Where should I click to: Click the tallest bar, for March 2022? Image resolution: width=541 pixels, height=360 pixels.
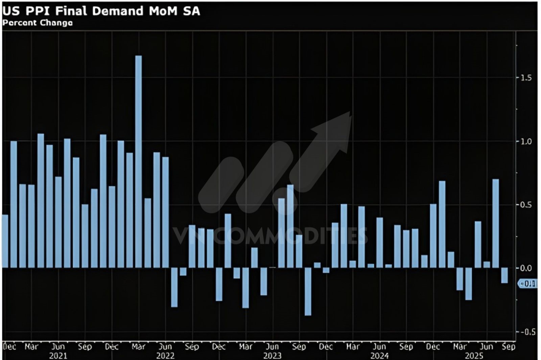(x=139, y=162)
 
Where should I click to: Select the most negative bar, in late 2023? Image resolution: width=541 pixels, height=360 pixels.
(x=308, y=292)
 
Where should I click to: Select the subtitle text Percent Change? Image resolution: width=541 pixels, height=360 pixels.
(x=37, y=23)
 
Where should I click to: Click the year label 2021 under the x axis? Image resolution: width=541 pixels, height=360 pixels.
(x=58, y=356)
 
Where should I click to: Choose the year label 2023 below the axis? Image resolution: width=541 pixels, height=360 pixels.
(x=272, y=356)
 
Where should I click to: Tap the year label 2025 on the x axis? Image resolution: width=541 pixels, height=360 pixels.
(x=474, y=356)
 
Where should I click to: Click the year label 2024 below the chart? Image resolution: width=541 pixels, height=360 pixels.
(x=379, y=356)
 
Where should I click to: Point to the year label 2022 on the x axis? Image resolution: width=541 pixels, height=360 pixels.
(x=165, y=356)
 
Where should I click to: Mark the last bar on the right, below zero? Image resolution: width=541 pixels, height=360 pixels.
(x=504, y=275)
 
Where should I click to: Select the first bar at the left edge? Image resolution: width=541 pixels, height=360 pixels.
(x=5, y=241)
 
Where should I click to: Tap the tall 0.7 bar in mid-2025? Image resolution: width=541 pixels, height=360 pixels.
(x=496, y=223)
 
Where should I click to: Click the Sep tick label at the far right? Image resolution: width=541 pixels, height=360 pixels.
(x=509, y=347)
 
